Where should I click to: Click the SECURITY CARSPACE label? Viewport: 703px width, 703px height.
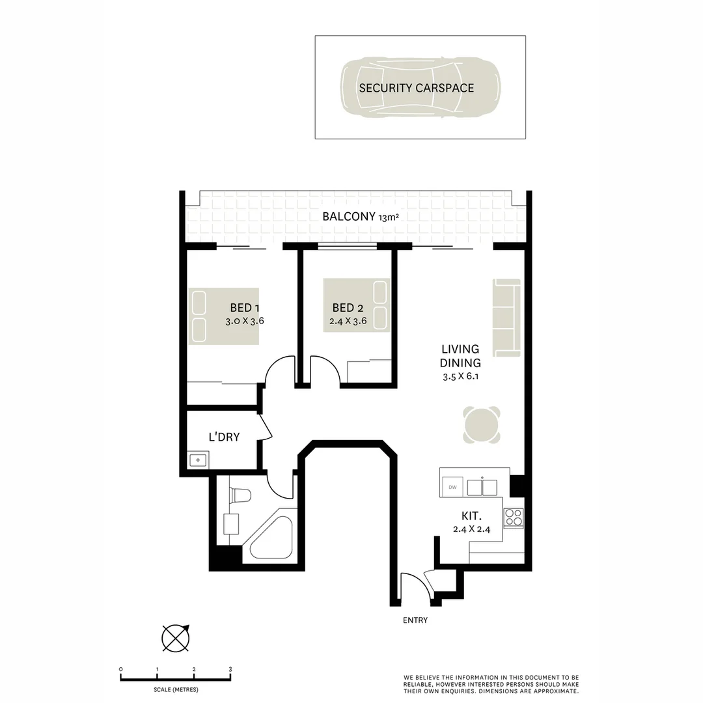pyautogui.click(x=417, y=88)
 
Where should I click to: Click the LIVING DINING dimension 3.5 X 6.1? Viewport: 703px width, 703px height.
pyautogui.click(x=461, y=377)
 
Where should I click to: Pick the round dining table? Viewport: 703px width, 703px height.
pyautogui.click(x=482, y=425)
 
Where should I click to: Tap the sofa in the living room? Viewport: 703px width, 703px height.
pyautogui.click(x=507, y=318)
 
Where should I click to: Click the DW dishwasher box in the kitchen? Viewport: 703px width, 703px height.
pyautogui.click(x=452, y=486)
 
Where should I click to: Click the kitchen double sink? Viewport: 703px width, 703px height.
pyautogui.click(x=482, y=486)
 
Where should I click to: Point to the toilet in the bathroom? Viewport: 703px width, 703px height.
pyautogui.click(x=240, y=495)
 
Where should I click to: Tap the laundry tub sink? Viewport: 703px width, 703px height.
pyautogui.click(x=198, y=460)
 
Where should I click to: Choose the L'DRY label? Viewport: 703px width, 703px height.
pyautogui.click(x=224, y=437)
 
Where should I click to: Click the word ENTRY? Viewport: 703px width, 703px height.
pyautogui.click(x=415, y=620)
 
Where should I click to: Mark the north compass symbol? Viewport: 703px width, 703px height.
pyautogui.click(x=174, y=637)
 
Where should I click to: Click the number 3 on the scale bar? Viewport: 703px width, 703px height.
pyautogui.click(x=230, y=669)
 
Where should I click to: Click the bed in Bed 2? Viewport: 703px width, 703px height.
pyautogui.click(x=357, y=305)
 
